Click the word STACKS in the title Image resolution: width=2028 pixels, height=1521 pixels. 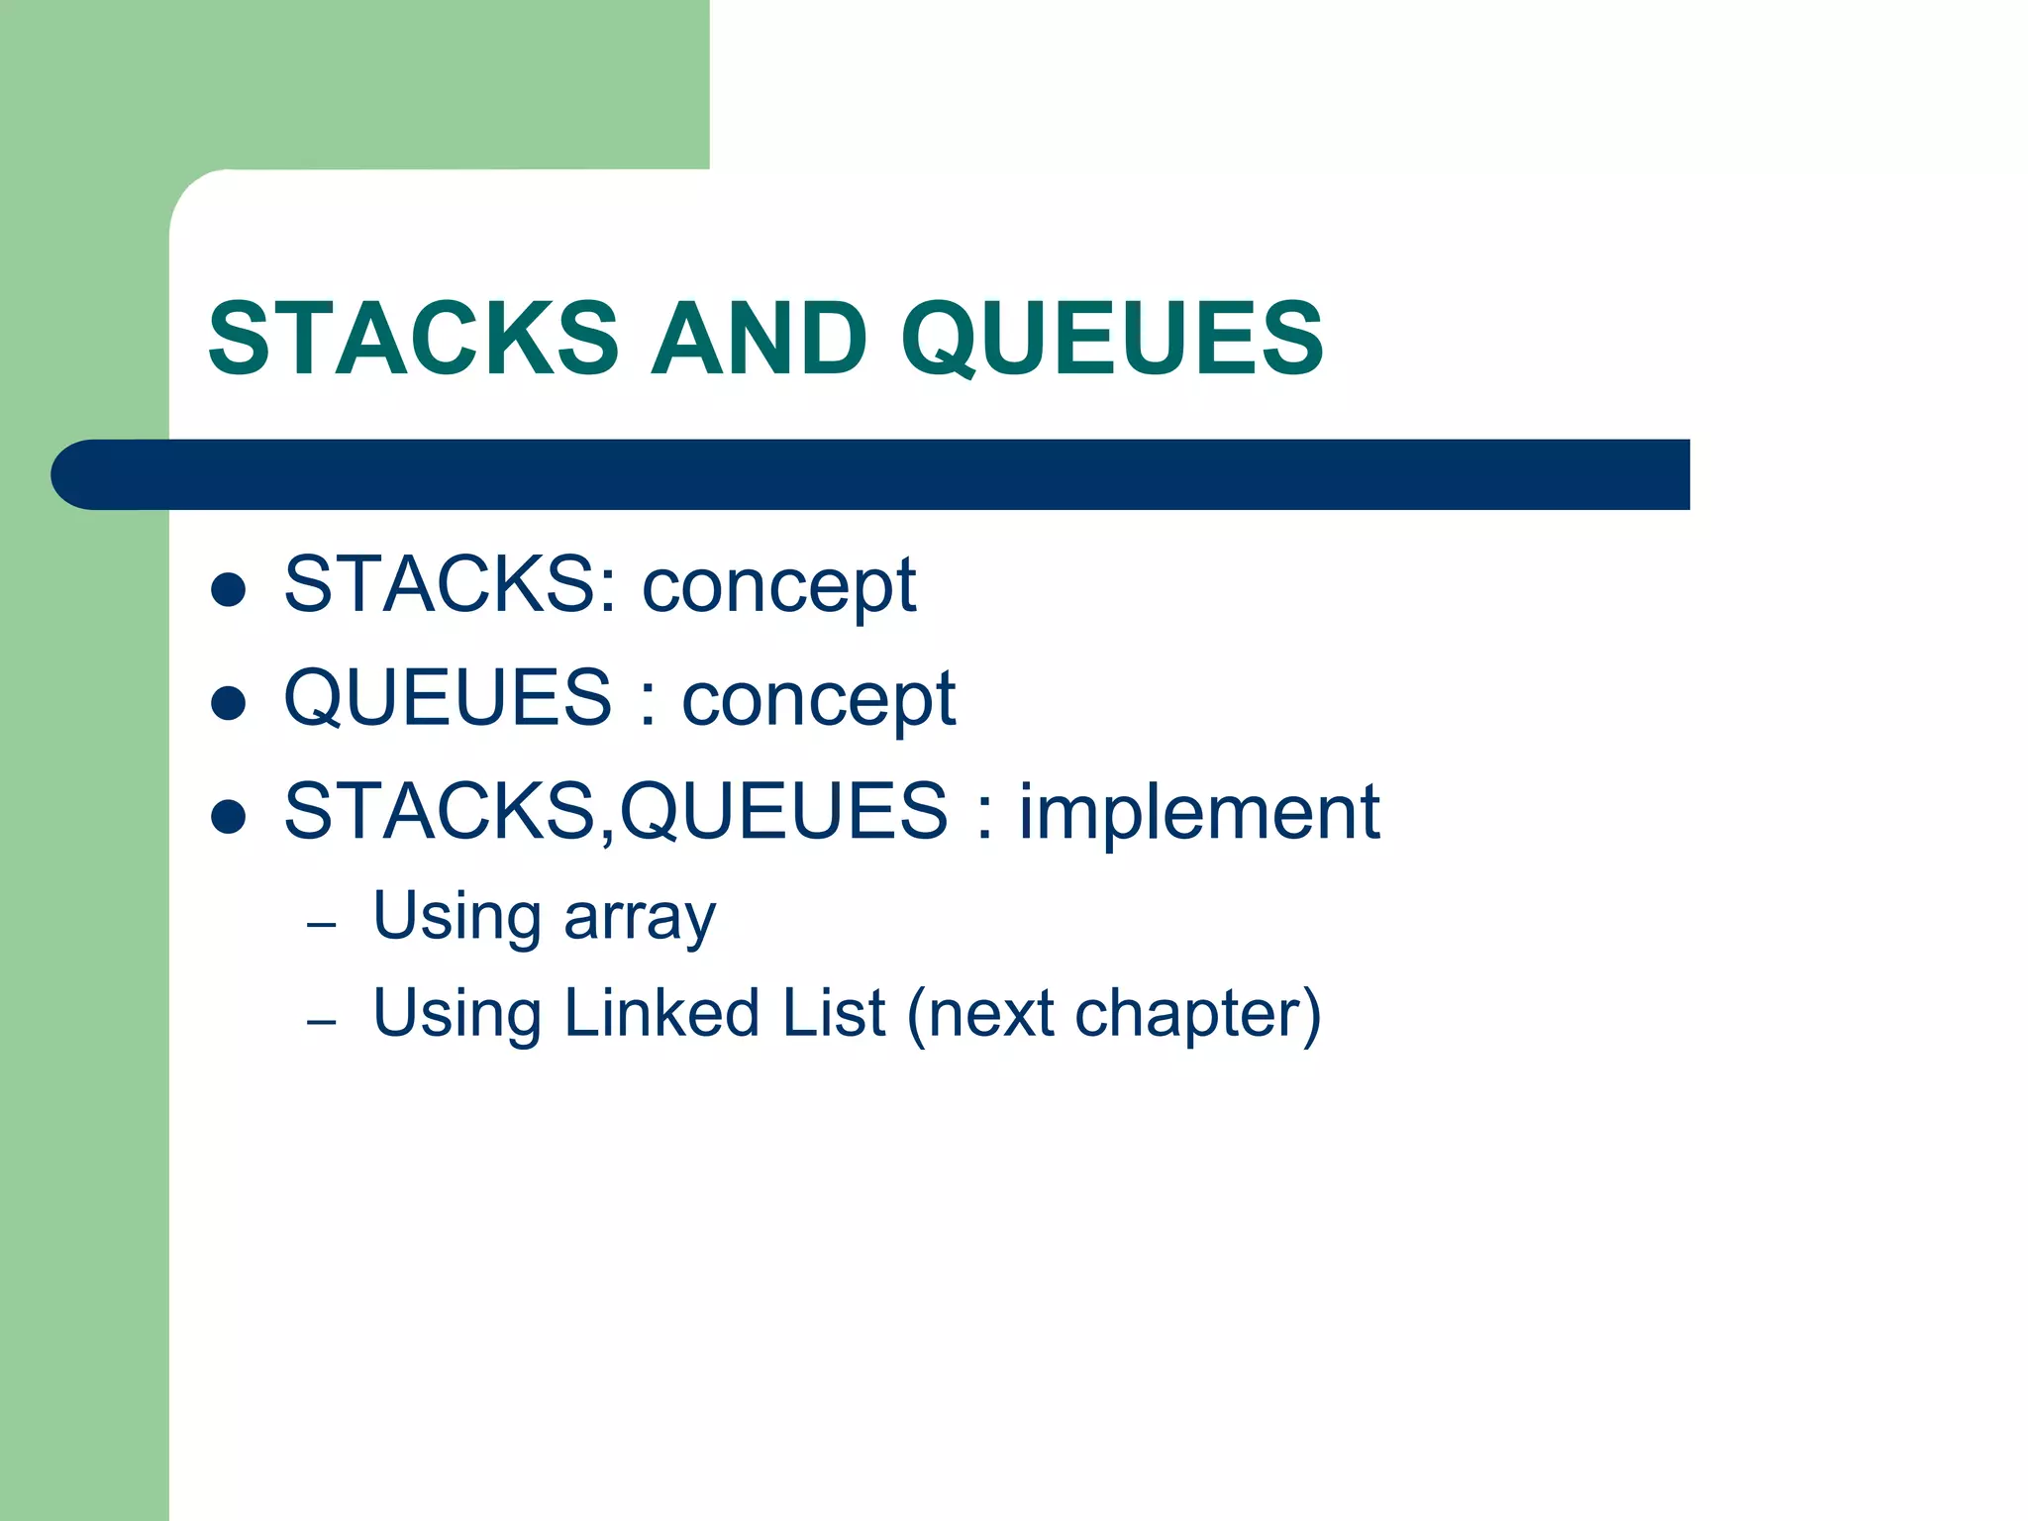pos(414,339)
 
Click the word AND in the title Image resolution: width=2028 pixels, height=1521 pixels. pos(760,339)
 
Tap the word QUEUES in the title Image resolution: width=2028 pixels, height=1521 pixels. pos(1111,339)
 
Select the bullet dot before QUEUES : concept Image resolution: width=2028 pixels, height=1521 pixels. pos(229,703)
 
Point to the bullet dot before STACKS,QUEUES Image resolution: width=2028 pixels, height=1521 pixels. pos(229,817)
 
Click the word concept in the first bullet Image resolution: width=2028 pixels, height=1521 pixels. pos(779,586)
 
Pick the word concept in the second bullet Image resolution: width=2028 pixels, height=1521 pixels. pos(819,700)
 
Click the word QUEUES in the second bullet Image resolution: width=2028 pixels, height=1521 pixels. pos(448,698)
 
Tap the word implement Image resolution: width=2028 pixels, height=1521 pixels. pos(1199,812)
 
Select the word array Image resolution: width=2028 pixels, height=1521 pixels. pos(640,918)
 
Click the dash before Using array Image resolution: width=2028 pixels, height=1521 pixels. pos(322,926)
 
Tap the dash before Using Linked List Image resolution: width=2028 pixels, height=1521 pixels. pos(322,1022)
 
